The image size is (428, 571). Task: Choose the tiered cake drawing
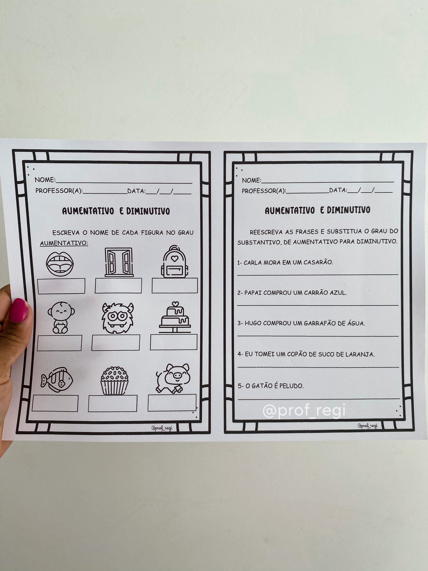(175, 317)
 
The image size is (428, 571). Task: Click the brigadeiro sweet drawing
(114, 380)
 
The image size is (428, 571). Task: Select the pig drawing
(173, 379)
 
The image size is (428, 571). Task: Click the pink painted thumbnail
(19, 310)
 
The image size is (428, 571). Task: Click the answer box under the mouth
(61, 286)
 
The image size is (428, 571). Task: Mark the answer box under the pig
(172, 403)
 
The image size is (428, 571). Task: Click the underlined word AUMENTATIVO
(64, 243)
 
